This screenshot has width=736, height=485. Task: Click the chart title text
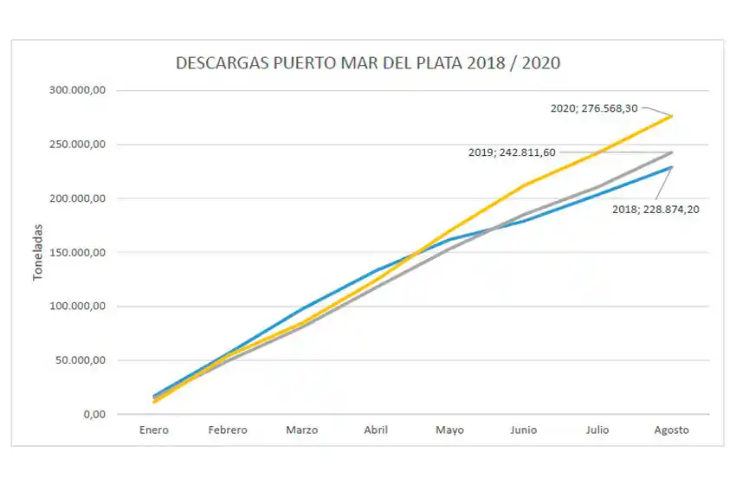pos(368,63)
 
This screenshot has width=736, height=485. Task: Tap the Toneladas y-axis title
pos(38,252)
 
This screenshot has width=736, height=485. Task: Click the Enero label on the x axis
pos(154,430)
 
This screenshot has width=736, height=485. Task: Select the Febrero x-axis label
pos(228,430)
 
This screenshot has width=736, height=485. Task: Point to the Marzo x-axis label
pos(301,430)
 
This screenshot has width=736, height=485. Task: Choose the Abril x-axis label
pos(376,430)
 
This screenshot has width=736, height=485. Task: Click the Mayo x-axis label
pos(449,430)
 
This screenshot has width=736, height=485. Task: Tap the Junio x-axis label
pos(524,430)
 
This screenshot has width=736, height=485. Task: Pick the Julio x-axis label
pos(597,430)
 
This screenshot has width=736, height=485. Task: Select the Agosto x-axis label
pos(671,430)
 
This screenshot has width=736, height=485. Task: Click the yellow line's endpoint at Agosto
pos(672,116)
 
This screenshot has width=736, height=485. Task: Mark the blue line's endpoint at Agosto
pos(672,167)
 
